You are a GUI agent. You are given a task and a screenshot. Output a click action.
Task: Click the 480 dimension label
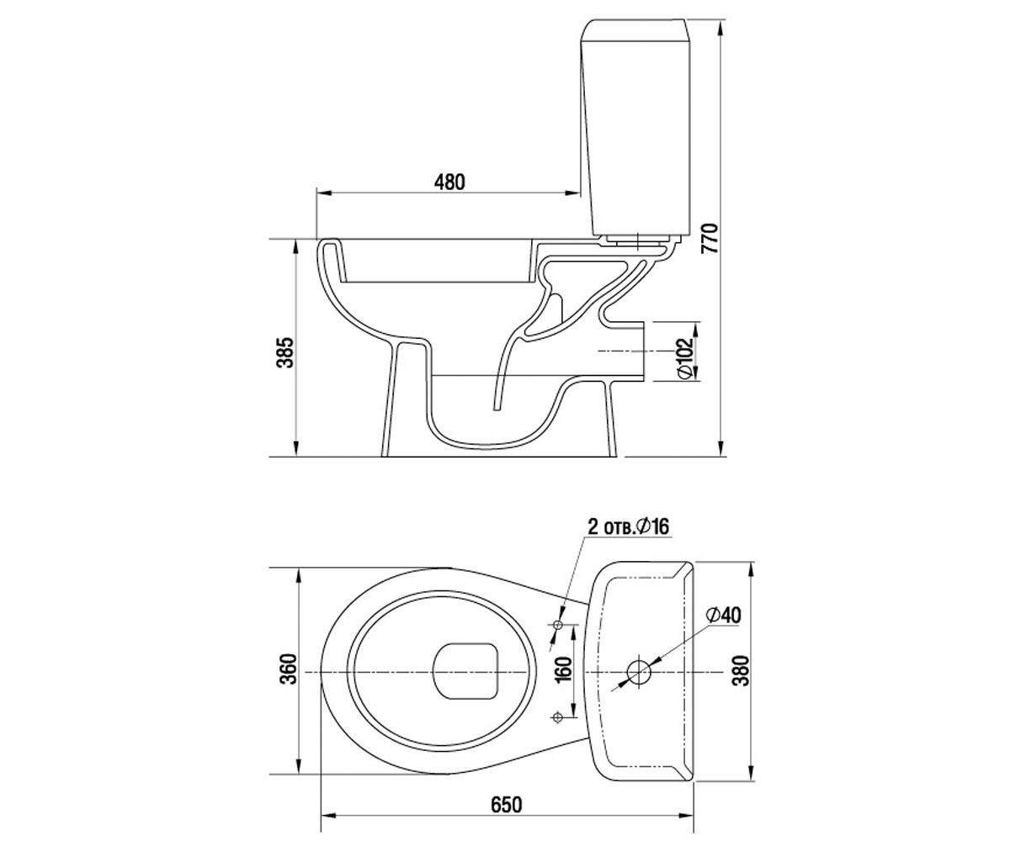click(x=449, y=182)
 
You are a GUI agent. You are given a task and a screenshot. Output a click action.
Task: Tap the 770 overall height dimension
click(x=710, y=238)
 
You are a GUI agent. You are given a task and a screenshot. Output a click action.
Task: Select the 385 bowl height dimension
click(x=285, y=352)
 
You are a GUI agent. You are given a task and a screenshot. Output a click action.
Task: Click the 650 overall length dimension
click(x=507, y=805)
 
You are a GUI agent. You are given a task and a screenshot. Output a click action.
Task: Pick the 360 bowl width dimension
click(x=289, y=669)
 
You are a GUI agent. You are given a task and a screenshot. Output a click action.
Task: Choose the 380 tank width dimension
click(x=740, y=670)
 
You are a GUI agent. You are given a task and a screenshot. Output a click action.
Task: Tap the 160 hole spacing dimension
click(x=564, y=669)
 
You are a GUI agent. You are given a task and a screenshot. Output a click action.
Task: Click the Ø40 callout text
click(x=723, y=615)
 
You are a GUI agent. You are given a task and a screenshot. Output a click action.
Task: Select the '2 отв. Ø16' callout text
click(x=629, y=526)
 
